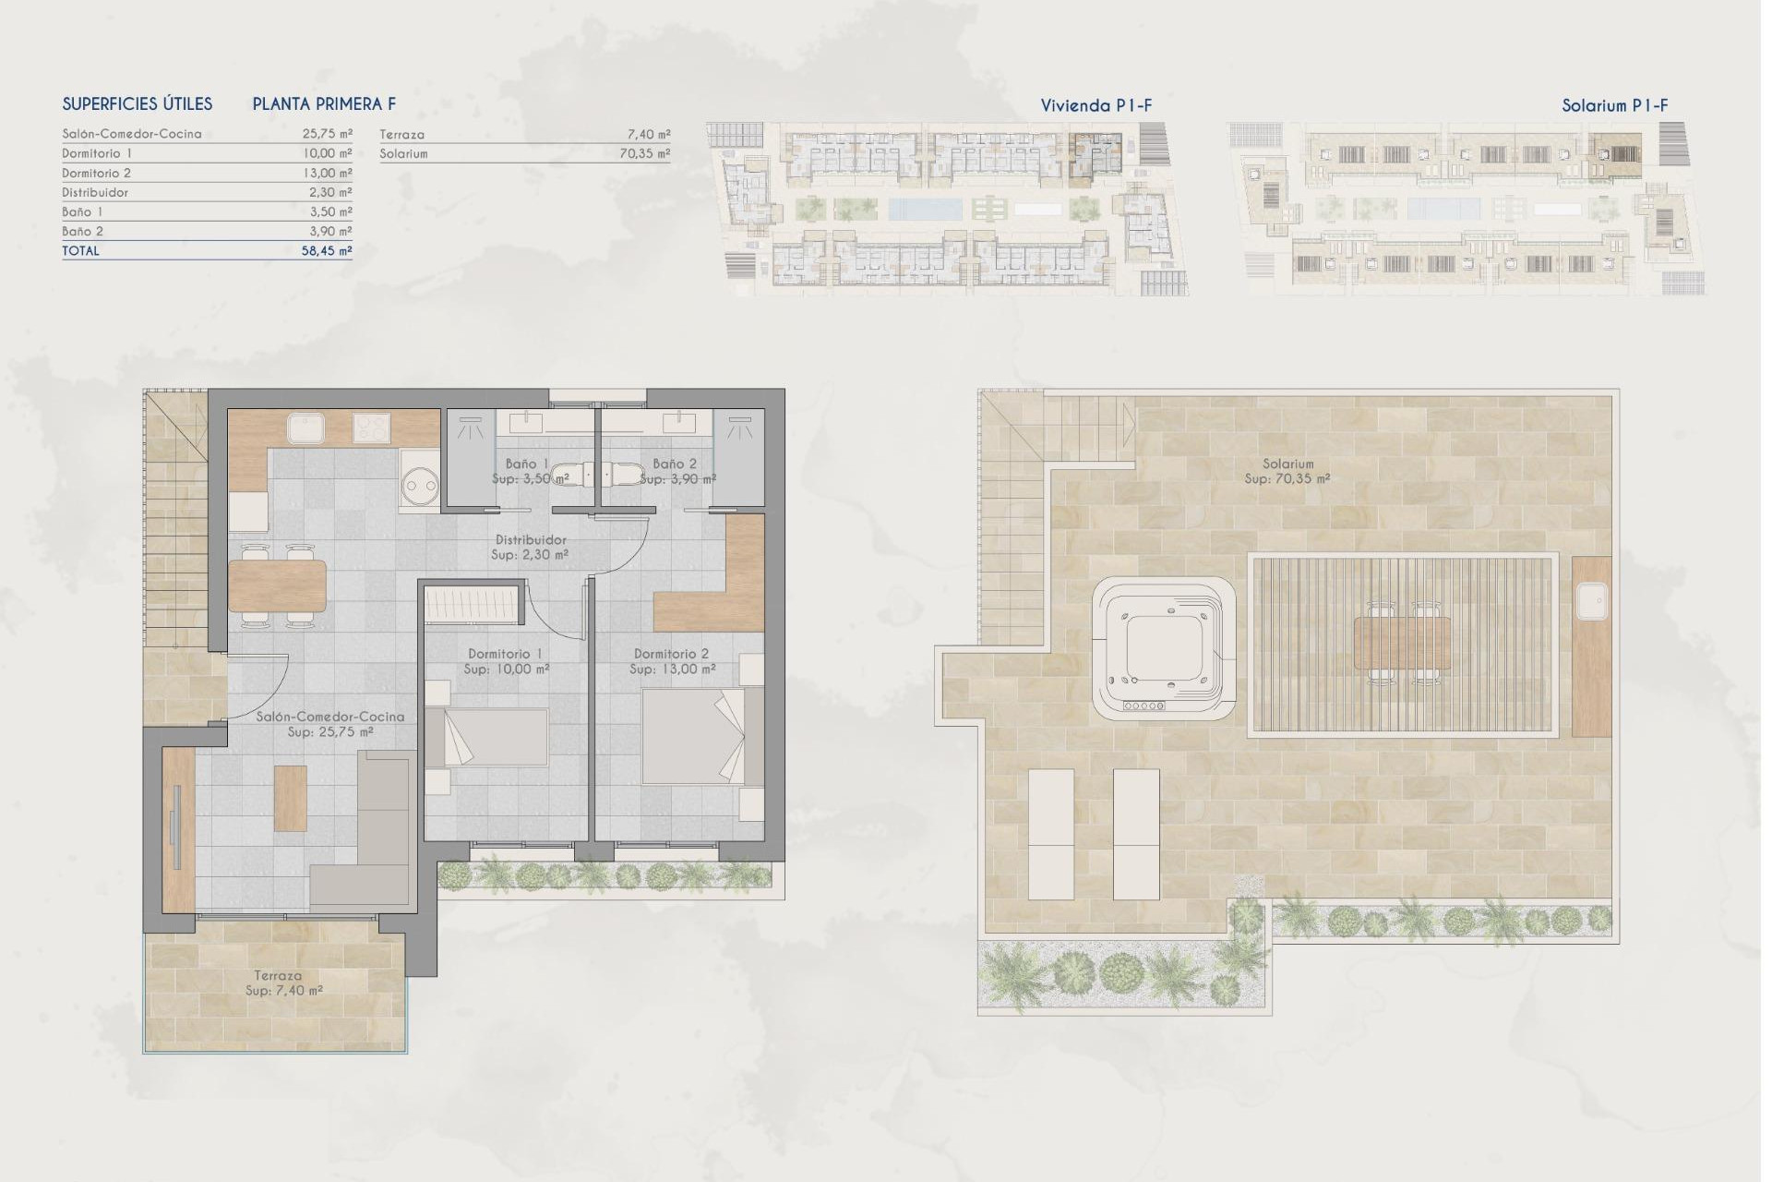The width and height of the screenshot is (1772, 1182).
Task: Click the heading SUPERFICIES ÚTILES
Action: (138, 104)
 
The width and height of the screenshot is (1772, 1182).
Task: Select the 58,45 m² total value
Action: (327, 251)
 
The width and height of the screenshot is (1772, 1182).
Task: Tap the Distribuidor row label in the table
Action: (95, 193)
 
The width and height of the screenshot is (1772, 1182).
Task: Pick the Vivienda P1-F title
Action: (1096, 106)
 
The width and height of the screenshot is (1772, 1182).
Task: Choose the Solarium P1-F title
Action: (1614, 106)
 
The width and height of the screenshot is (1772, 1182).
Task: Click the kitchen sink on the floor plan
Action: (305, 428)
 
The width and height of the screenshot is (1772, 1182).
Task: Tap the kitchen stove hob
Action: (372, 428)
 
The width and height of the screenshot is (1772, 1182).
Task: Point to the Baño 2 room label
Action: (675, 464)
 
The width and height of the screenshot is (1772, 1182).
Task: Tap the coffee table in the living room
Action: (291, 799)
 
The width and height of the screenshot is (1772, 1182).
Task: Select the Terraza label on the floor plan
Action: (278, 975)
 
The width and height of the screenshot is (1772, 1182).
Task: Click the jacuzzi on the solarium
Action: (1163, 650)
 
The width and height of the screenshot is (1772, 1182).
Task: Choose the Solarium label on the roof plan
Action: (1287, 464)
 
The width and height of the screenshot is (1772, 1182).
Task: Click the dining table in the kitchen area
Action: (277, 586)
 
